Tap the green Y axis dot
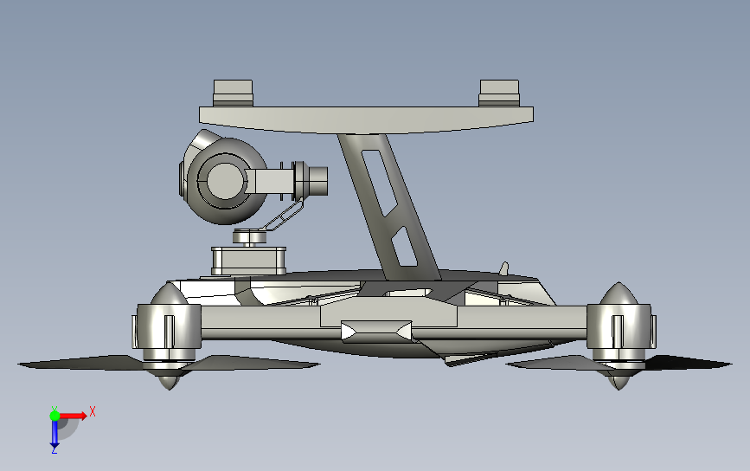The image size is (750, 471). click(54, 416)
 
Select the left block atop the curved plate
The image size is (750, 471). click(233, 92)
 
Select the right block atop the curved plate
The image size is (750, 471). click(499, 92)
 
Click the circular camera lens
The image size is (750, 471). click(223, 179)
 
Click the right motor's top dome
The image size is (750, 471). click(619, 298)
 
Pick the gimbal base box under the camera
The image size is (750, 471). click(248, 259)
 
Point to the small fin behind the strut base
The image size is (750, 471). click(505, 269)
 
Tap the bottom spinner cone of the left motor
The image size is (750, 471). click(165, 380)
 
